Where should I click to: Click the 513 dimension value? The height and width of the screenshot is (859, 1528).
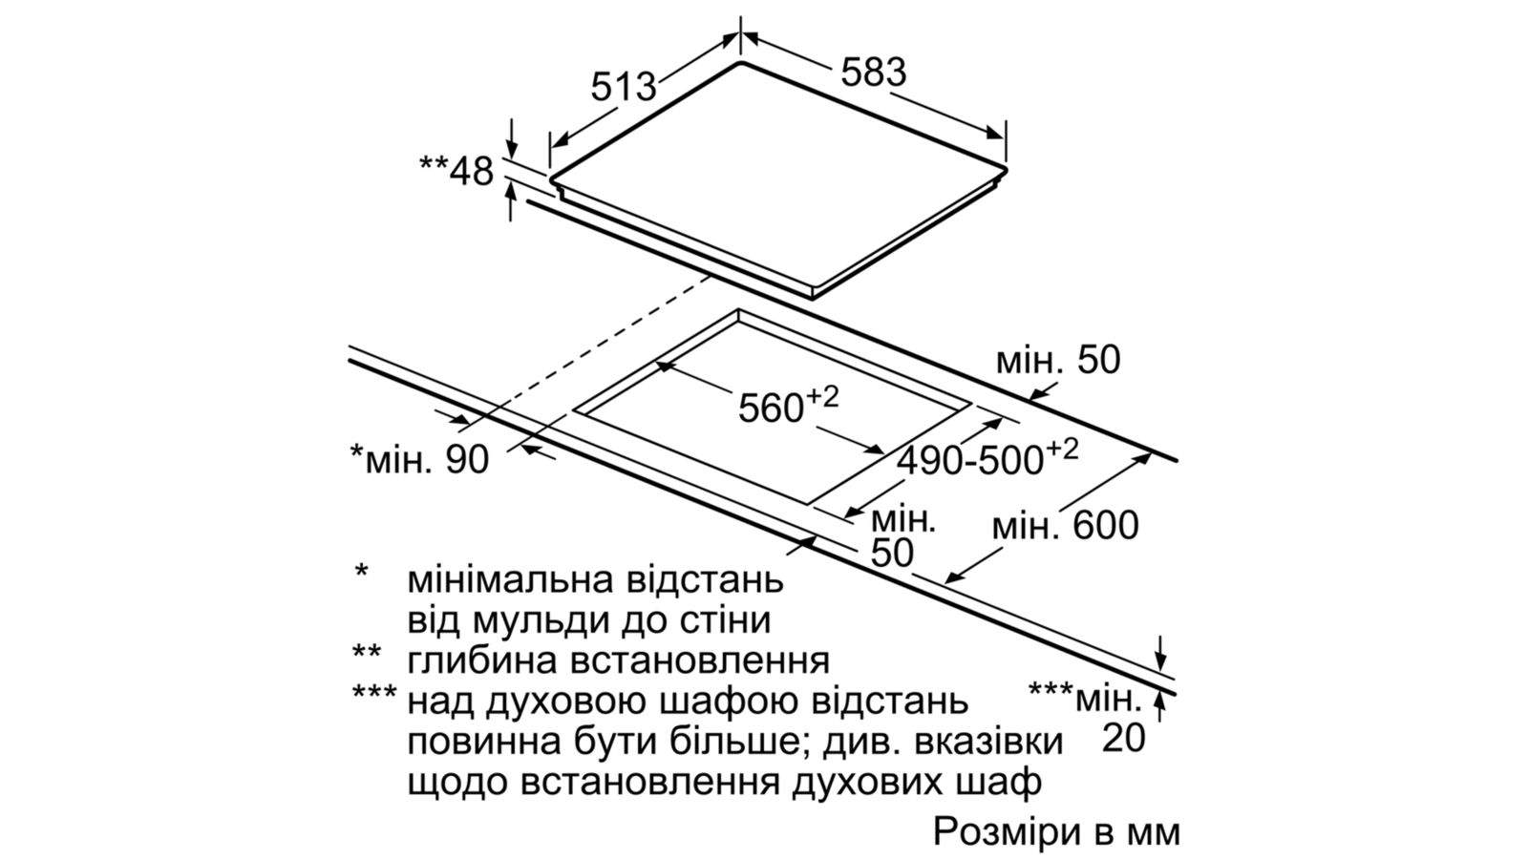click(x=624, y=87)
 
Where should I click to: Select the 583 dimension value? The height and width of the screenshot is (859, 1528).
click(x=873, y=73)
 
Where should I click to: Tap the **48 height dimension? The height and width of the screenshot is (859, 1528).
click(x=456, y=171)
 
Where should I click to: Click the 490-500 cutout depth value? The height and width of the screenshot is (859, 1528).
click(x=987, y=458)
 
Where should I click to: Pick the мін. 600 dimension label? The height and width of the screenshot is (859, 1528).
click(x=1065, y=526)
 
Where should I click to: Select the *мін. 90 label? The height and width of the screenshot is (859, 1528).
click(x=419, y=459)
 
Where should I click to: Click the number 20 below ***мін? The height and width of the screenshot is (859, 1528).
click(x=1123, y=738)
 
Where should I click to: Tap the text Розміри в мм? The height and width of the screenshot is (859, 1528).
click(x=1056, y=831)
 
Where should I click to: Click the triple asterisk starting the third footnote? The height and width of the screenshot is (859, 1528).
click(x=374, y=693)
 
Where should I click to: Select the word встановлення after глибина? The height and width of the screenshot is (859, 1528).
click(x=699, y=662)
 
